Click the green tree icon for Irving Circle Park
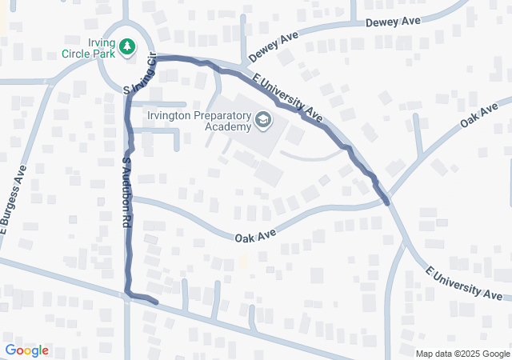(x=126, y=47)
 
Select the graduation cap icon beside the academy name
(x=262, y=121)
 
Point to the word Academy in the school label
(x=227, y=126)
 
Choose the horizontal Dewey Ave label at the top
(x=393, y=22)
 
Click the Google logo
(x=26, y=350)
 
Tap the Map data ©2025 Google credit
(x=462, y=354)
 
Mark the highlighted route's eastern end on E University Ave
(x=387, y=202)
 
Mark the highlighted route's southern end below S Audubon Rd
(x=155, y=302)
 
